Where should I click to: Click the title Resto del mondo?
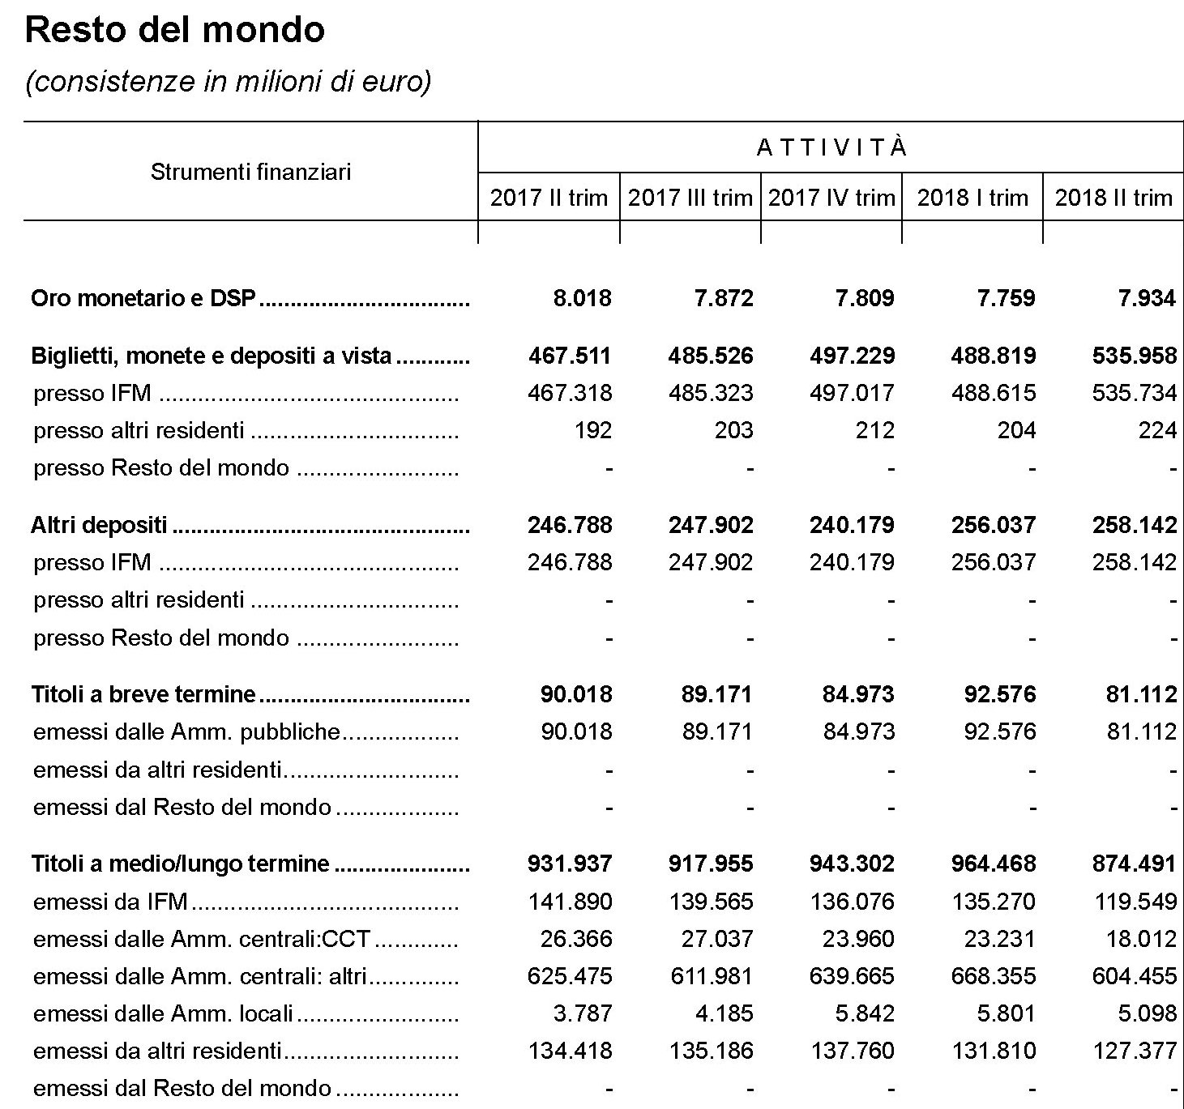(x=175, y=30)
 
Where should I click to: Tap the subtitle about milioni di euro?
(x=228, y=82)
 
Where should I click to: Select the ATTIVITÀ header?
(x=831, y=148)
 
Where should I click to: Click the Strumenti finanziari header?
(x=250, y=172)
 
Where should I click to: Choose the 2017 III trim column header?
(x=690, y=198)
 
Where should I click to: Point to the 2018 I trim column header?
(x=972, y=198)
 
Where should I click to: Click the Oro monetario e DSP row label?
(x=143, y=299)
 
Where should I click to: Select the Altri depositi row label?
(x=99, y=525)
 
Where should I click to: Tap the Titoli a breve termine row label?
(x=143, y=694)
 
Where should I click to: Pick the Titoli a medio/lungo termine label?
(x=180, y=864)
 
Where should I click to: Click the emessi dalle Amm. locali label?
(x=163, y=1013)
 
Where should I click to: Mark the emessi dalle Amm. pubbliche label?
(x=186, y=732)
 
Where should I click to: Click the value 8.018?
(x=582, y=299)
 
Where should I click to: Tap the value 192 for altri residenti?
(x=592, y=430)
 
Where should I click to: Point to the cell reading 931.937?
(x=570, y=864)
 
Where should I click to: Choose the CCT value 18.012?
(x=1141, y=939)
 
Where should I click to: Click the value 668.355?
(x=994, y=976)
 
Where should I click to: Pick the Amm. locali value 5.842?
(x=864, y=1013)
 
